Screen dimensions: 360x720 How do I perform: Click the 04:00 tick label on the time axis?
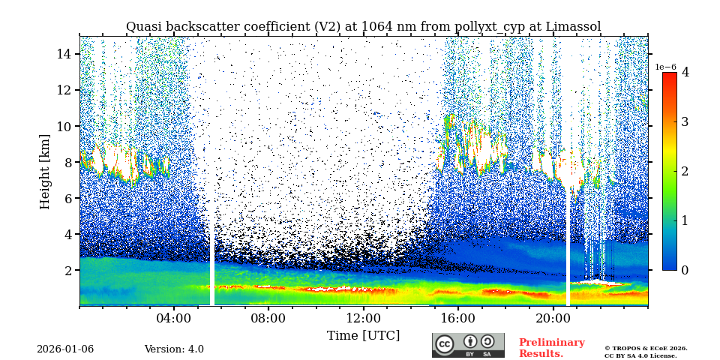click(x=174, y=317)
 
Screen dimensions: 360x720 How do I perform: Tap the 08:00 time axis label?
click(x=268, y=317)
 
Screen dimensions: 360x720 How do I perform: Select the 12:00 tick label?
click(x=363, y=317)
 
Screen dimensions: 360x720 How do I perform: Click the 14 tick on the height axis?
click(x=64, y=54)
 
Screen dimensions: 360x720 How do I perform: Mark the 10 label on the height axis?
click(x=64, y=126)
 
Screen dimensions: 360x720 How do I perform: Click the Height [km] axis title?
click(x=45, y=171)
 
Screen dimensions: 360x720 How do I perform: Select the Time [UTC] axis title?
click(x=363, y=335)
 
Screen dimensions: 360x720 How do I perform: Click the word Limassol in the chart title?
click(x=573, y=27)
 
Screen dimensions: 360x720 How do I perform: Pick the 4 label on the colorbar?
click(x=685, y=73)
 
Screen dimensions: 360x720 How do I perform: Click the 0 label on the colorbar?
click(x=685, y=270)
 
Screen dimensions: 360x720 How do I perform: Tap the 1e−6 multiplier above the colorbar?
click(x=666, y=67)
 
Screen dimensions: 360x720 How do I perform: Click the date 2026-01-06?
click(x=65, y=349)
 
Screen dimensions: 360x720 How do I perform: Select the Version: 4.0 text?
click(x=174, y=349)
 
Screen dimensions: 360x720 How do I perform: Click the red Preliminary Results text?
click(x=551, y=348)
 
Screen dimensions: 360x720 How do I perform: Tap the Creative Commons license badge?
click(x=468, y=345)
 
